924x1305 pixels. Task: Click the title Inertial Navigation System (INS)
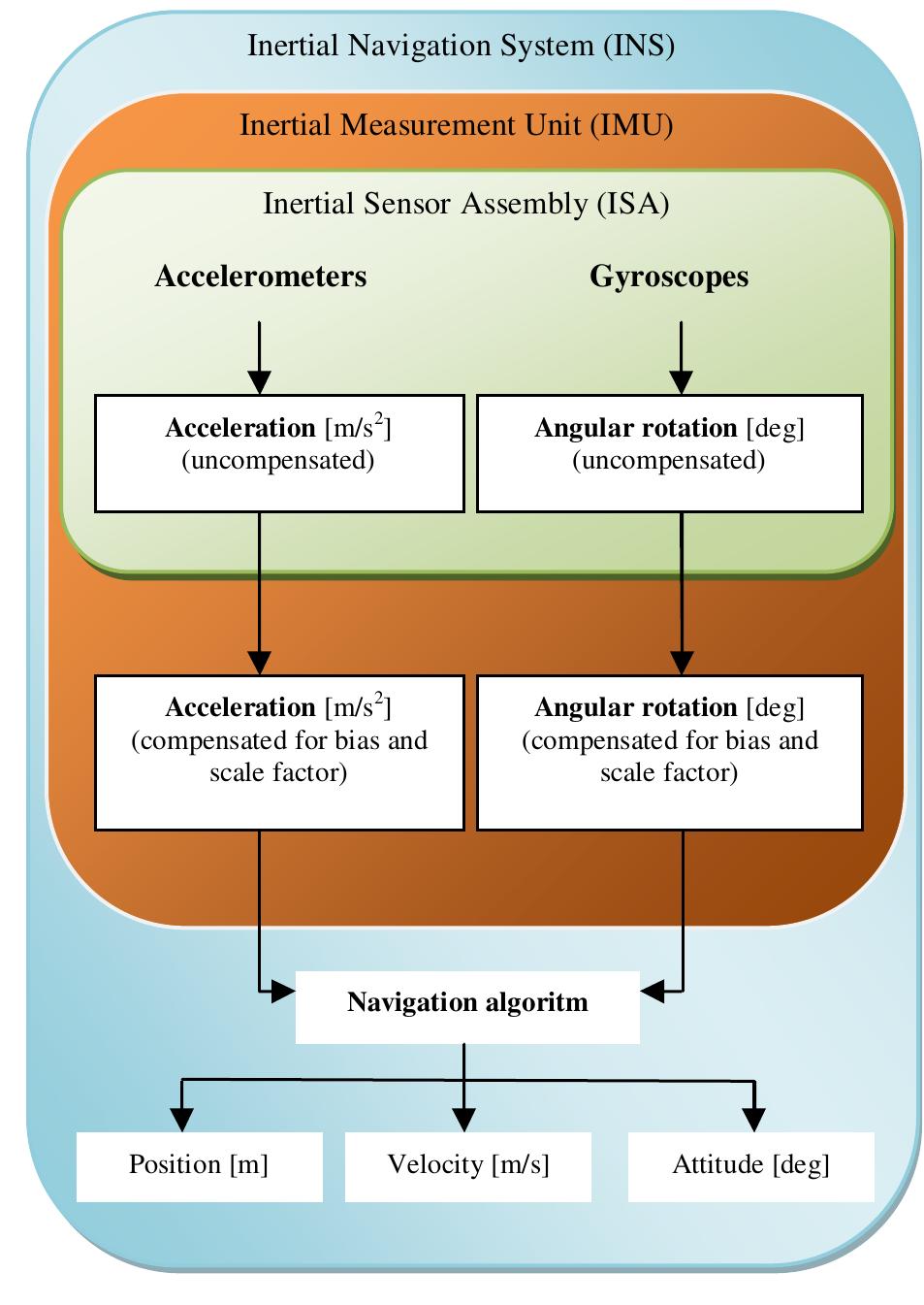[x=461, y=46]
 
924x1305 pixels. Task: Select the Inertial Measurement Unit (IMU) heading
[x=456, y=125]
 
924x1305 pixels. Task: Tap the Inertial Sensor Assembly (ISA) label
[x=465, y=204]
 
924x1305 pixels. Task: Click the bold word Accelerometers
[x=261, y=277]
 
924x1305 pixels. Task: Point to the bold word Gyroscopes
[x=669, y=277]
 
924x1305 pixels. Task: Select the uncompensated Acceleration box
[x=279, y=453]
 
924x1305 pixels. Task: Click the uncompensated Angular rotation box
[x=669, y=453]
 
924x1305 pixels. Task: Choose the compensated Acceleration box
[x=279, y=753]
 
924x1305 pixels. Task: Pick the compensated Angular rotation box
[x=669, y=753]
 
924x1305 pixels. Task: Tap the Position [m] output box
[x=199, y=1165]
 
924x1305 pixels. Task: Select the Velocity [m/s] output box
[x=468, y=1165]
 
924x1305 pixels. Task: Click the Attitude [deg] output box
[x=751, y=1165]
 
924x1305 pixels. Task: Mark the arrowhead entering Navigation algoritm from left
[x=283, y=991]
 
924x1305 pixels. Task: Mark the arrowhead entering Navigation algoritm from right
[x=652, y=991]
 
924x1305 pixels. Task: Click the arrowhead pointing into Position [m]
[x=181, y=1120]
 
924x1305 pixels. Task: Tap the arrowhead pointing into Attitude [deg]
[x=753, y=1120]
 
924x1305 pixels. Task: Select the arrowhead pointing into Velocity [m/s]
[x=464, y=1120]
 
